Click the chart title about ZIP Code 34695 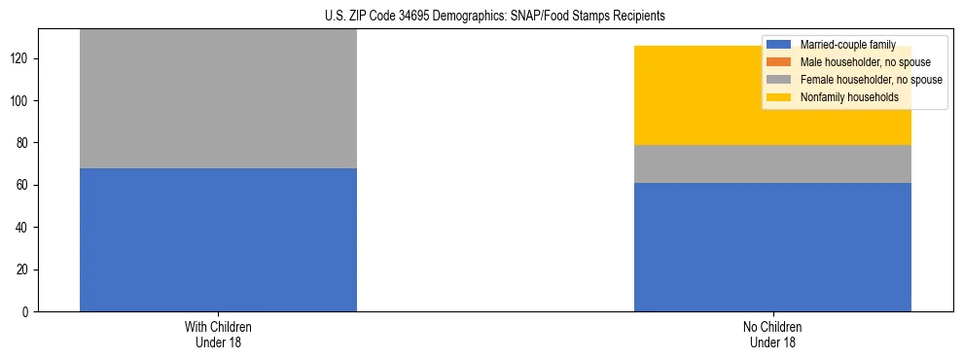(495, 17)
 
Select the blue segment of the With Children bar (218, 239)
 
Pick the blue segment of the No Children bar (772, 247)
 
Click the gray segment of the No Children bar (772, 163)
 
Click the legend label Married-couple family (847, 45)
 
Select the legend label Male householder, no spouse (865, 62)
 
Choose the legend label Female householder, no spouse (871, 80)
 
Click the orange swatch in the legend (779, 62)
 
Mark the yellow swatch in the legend (779, 97)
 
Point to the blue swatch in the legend (779, 45)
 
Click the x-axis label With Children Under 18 (218, 334)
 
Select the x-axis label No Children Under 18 (772, 334)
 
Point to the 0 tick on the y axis (28, 311)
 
